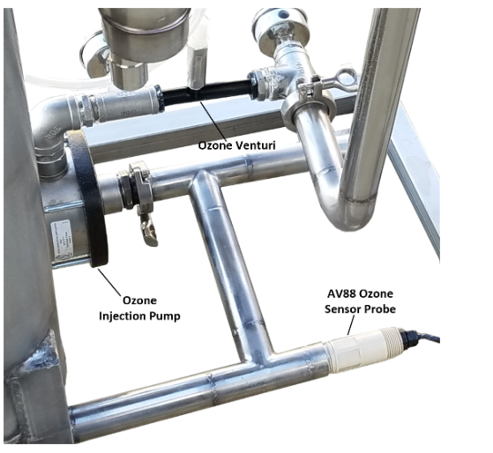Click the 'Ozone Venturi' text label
(236, 145)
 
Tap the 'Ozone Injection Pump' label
(140, 308)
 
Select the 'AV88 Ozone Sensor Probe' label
(360, 301)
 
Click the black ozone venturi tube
(207, 91)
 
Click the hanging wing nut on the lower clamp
(150, 231)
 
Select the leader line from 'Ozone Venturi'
(214, 120)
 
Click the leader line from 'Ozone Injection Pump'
(109, 281)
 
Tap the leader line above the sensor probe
(351, 325)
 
